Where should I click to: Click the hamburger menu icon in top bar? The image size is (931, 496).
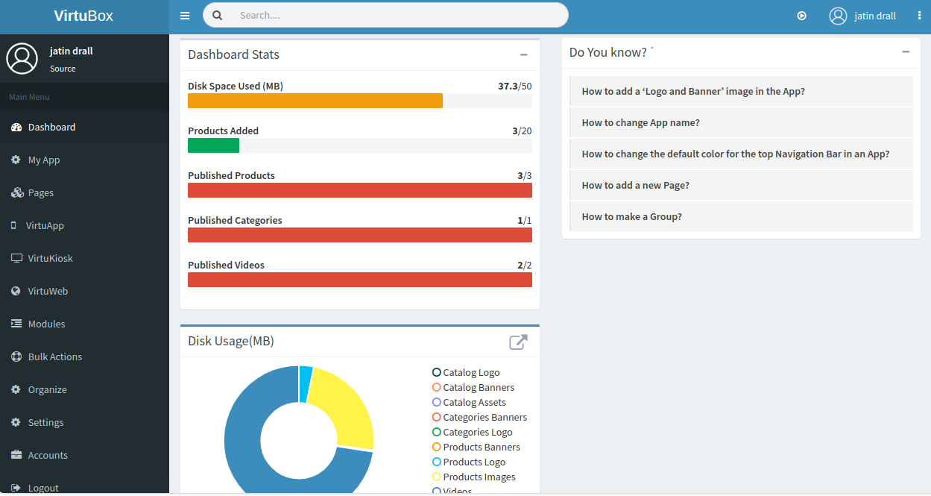coord(185,16)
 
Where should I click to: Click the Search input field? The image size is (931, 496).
coord(395,15)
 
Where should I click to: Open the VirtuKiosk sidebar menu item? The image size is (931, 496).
coord(50,258)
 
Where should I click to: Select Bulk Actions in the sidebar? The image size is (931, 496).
coord(54,357)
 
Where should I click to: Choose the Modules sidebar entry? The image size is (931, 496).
coord(46,324)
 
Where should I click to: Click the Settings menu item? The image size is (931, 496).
coord(45,422)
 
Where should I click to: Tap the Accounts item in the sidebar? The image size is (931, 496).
coord(48,455)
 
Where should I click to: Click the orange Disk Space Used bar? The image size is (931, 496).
coord(315,101)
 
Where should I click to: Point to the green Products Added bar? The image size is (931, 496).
coord(213,145)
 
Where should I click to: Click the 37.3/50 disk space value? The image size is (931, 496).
coord(514,86)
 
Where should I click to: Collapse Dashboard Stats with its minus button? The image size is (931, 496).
coord(524,54)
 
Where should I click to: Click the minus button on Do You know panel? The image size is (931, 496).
coord(906,52)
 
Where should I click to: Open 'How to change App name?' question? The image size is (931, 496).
coord(640,123)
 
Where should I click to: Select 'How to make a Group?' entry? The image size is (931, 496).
coord(631,217)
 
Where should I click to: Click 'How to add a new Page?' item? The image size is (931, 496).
coord(635,186)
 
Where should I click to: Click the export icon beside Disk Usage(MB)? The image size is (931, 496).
coord(518,342)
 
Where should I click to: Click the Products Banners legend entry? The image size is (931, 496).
coord(481,447)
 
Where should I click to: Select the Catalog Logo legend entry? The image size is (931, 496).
coord(470,372)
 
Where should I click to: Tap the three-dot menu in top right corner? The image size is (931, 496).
coord(919,16)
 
